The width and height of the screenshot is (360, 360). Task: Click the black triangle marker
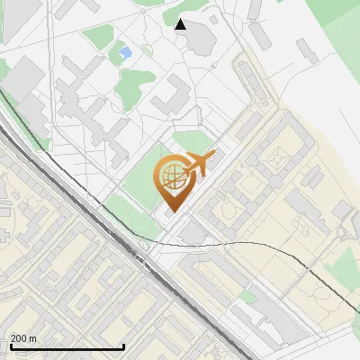point(181,24)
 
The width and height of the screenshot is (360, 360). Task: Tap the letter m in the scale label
point(33,338)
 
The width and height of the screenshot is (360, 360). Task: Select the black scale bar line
point(67,347)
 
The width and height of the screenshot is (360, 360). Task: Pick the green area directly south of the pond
point(135,85)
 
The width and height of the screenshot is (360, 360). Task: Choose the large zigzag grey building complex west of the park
point(85,108)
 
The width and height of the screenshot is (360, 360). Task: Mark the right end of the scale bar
point(123,347)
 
